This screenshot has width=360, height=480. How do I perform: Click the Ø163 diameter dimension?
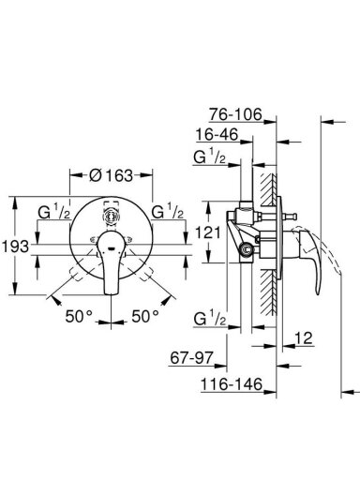(x=112, y=175)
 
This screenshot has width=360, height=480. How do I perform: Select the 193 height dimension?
(x=16, y=247)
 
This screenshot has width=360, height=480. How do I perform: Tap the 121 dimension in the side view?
(x=208, y=232)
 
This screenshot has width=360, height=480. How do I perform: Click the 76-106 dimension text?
(x=235, y=114)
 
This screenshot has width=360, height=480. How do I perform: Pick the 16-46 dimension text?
(x=217, y=135)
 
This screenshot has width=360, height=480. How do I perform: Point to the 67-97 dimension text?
(x=192, y=357)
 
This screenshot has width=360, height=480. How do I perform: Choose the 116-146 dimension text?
(x=232, y=384)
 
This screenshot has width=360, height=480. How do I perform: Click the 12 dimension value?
(x=304, y=337)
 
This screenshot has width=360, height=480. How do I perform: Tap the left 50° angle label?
(x=79, y=316)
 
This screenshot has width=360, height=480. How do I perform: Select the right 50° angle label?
(x=145, y=316)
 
